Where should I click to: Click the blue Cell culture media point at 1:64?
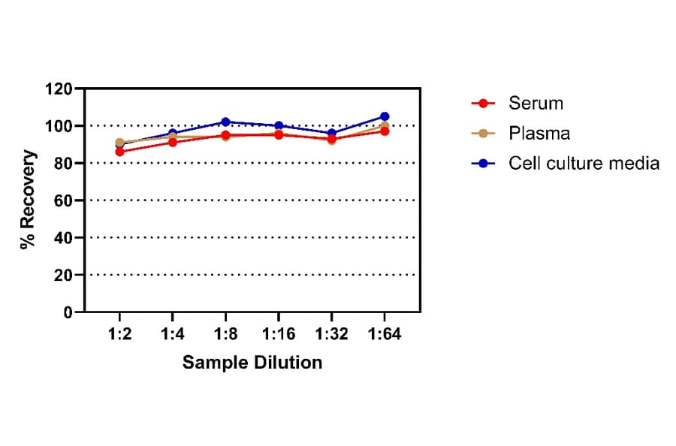[385, 116]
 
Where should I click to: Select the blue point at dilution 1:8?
[225, 122]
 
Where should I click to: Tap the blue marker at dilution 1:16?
[279, 125]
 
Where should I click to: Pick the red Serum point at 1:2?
[119, 152]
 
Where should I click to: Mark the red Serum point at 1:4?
[173, 142]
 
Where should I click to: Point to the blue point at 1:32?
[331, 133]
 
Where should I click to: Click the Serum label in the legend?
[535, 103]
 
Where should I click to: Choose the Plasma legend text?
[539, 133]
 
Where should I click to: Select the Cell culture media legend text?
[584, 163]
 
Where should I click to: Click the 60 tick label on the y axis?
[63, 200]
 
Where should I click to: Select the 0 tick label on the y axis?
[68, 312]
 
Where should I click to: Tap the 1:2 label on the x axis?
[119, 334]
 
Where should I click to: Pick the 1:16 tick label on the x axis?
[279, 334]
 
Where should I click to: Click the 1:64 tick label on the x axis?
[385, 334]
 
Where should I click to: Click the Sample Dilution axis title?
[252, 363]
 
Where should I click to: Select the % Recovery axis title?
[29, 200]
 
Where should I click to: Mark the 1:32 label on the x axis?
[331, 334]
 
